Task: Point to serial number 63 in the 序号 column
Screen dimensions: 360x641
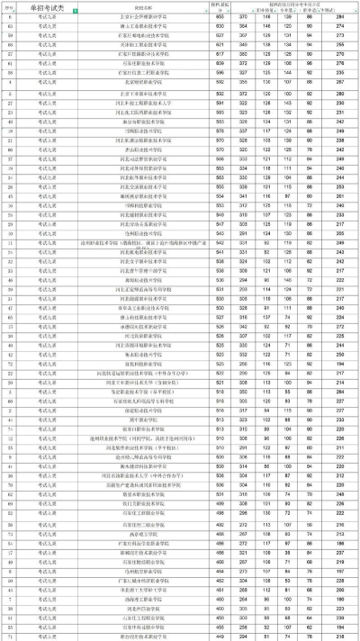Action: [10, 27]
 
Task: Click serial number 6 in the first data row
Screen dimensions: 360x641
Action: [10, 18]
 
